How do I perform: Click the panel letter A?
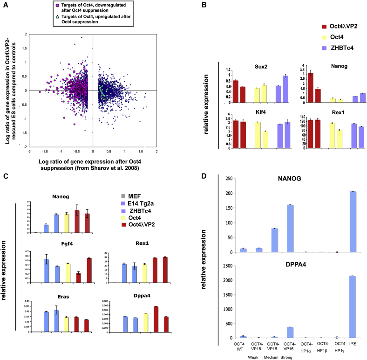(6, 5)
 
